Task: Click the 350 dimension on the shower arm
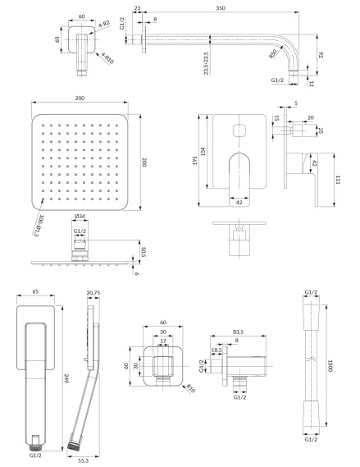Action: tap(221, 8)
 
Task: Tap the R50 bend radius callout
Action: tap(273, 54)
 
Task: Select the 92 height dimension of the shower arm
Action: tap(321, 55)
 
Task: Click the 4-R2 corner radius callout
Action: tap(104, 24)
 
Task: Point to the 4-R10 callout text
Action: tap(107, 58)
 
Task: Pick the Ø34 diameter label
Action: tap(80, 216)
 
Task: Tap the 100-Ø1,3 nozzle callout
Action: tap(39, 226)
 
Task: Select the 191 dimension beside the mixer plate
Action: tap(195, 161)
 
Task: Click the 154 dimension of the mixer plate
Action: tap(204, 152)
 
